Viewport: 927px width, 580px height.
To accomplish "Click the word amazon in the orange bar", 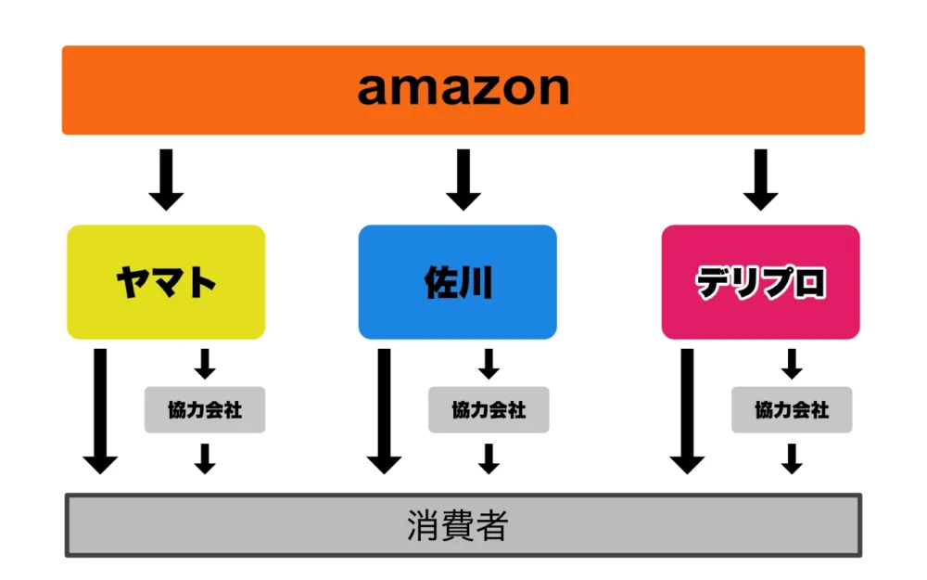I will pos(463,89).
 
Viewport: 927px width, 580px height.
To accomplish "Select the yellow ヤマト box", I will pos(166,282).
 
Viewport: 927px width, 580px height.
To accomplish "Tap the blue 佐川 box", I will pos(458,282).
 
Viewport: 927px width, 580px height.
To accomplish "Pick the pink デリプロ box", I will pos(760,282).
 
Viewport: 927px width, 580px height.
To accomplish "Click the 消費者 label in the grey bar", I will pos(458,526).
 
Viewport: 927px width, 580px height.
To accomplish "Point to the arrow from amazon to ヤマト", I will pos(166,179).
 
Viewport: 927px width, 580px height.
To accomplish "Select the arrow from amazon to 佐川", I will pos(463,179).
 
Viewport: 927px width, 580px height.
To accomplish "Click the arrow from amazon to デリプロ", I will pos(760,179).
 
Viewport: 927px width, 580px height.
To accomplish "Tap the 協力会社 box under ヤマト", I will pos(205,409).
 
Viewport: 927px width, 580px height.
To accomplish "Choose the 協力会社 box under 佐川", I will pos(489,409).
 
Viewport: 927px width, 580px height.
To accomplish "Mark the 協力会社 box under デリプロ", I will pos(792,409).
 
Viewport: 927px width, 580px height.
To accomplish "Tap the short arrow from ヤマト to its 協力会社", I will pos(205,364).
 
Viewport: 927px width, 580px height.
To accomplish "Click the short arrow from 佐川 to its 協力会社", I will pos(489,364).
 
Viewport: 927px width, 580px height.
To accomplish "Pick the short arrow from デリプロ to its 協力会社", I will pos(792,364).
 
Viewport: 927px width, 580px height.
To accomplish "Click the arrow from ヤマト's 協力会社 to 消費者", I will pos(205,458).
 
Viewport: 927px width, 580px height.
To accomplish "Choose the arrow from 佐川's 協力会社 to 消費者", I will pos(489,458).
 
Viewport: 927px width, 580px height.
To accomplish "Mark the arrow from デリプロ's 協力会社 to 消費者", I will pos(792,458).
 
